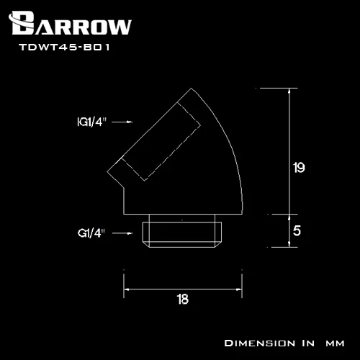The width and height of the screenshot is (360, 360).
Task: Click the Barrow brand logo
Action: tap(70, 23)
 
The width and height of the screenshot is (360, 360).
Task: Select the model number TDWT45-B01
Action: tap(64, 47)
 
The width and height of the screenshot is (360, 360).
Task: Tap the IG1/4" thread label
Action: tap(91, 122)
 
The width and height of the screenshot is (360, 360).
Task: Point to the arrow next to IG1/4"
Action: tap(122, 122)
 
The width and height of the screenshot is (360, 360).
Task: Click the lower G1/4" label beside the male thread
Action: tap(91, 233)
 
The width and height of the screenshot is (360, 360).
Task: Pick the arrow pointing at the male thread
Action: tap(122, 233)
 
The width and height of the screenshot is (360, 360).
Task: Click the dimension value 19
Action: tap(299, 168)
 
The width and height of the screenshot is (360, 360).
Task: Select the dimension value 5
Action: tap(297, 230)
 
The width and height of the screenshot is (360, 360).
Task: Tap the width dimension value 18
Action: tap(183, 300)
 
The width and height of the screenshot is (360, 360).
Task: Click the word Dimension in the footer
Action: tap(260, 343)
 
